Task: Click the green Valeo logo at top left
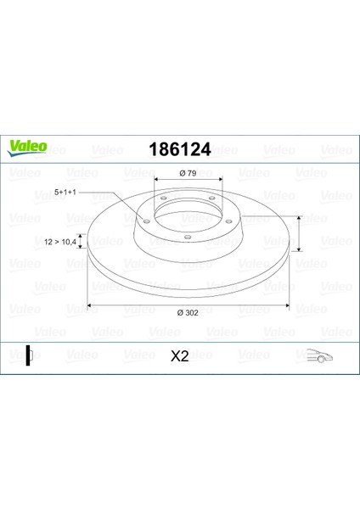(x=27, y=148)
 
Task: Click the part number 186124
(x=180, y=149)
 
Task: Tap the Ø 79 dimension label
(x=188, y=173)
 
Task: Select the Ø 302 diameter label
(x=188, y=312)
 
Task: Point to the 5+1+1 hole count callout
(x=65, y=193)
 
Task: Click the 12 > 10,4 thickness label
(x=60, y=242)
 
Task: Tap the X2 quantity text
(x=180, y=356)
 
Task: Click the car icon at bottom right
(x=320, y=356)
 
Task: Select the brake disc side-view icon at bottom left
(x=30, y=355)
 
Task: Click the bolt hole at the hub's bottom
(x=188, y=237)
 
